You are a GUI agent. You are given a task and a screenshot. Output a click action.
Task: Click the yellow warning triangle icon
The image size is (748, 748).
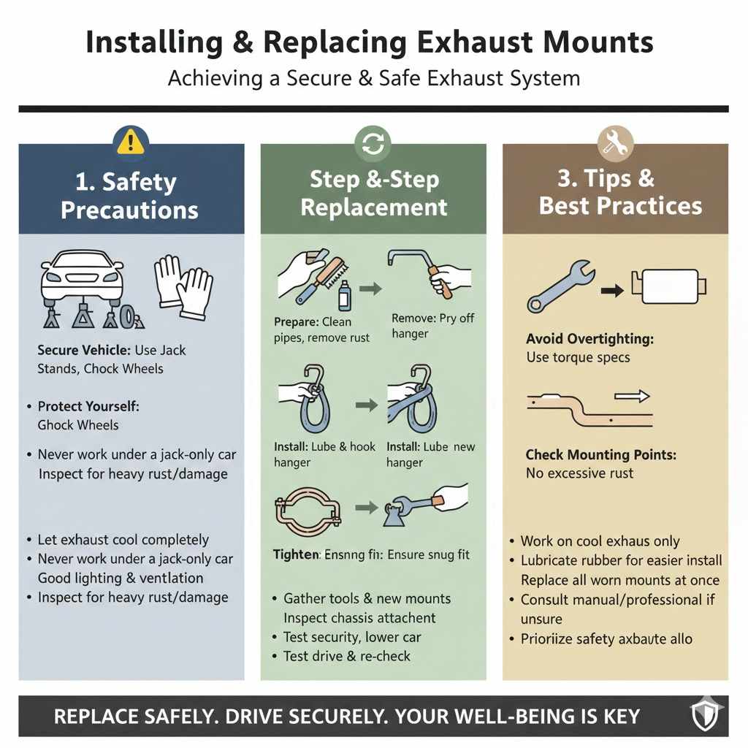pos(131,139)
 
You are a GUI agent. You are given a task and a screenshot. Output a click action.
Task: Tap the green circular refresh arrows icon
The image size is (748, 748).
pos(373,143)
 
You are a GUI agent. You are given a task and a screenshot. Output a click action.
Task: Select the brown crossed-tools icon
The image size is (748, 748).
pos(615,143)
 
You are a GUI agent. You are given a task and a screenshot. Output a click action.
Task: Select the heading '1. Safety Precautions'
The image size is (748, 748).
pos(130,196)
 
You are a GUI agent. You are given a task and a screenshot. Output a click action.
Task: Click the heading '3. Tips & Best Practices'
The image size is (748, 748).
pos(620,192)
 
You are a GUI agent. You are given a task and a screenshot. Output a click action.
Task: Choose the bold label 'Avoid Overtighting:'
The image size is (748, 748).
pos(589,340)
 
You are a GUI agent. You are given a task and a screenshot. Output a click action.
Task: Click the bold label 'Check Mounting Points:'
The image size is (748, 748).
pos(600,454)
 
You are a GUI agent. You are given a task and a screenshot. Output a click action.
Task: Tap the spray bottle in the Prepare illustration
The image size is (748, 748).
pos(344,296)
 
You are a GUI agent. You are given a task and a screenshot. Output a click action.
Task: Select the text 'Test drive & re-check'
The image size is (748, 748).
pos(347,656)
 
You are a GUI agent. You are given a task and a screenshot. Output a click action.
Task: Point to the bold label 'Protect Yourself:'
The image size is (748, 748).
pos(88,405)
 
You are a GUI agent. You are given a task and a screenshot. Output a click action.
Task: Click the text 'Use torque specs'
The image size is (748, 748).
pos(578,358)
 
